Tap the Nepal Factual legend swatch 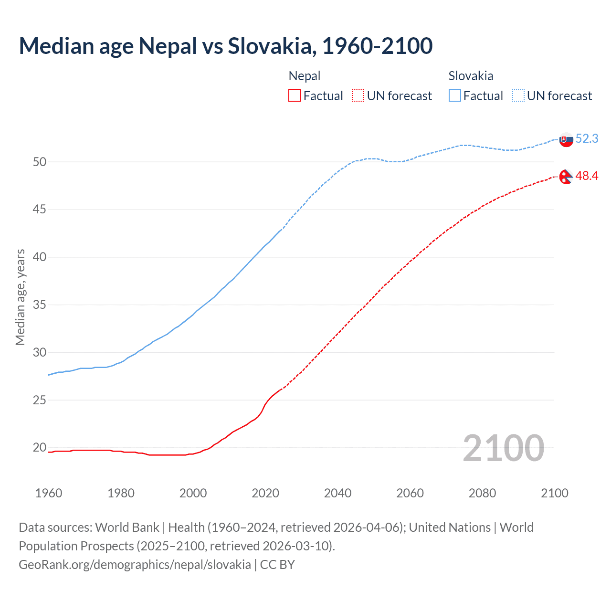pyautogui.click(x=295, y=96)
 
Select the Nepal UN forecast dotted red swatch pyautogui.click(x=358, y=96)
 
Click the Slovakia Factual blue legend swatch pyautogui.click(x=455, y=96)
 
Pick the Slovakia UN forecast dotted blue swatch pyautogui.click(x=518, y=96)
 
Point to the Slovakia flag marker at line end pyautogui.click(x=566, y=140)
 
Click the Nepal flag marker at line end pyautogui.click(x=566, y=177)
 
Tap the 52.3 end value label pyautogui.click(x=587, y=139)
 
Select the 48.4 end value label pyautogui.click(x=587, y=176)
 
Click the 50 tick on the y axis pyautogui.click(x=40, y=162)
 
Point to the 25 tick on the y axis pyautogui.click(x=40, y=400)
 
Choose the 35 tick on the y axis pyautogui.click(x=40, y=305)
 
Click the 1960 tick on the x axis pyautogui.click(x=49, y=493)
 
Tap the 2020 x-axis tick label pyautogui.click(x=265, y=493)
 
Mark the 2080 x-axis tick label pyautogui.click(x=482, y=493)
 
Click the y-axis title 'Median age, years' pyautogui.click(x=20, y=297)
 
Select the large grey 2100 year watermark pyautogui.click(x=503, y=448)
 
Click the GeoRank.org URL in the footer pyautogui.click(x=135, y=565)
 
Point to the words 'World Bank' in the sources pyautogui.click(x=127, y=527)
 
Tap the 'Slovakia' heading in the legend pyautogui.click(x=471, y=76)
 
